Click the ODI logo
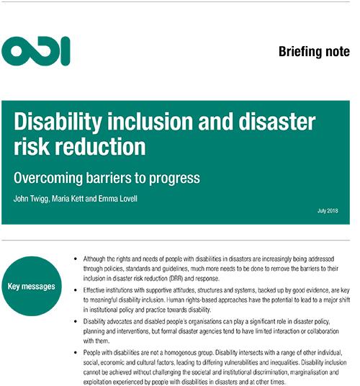[36, 51]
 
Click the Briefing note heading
[314, 52]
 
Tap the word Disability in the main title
[58, 122]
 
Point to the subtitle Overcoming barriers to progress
[107, 178]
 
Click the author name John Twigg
[31, 199]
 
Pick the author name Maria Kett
[68, 199]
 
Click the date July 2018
[328, 211]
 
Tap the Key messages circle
[32, 286]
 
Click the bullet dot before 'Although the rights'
[76, 259]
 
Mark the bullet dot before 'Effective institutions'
[76, 290]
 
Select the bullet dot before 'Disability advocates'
[76, 321]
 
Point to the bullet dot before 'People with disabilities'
[76, 353]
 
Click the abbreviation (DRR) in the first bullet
[176, 279]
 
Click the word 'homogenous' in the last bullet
[180, 353]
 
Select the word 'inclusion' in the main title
[150, 122]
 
